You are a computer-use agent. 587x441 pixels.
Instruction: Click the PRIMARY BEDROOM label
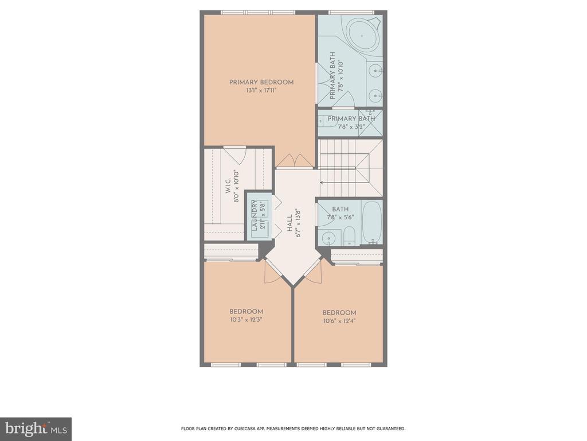[261, 82]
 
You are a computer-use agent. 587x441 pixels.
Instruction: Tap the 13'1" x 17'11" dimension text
[261, 90]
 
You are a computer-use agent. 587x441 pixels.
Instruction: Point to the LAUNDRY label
[255, 215]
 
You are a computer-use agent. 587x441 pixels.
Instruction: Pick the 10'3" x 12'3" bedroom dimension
[246, 320]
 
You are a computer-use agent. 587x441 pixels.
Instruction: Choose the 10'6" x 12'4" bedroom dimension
[339, 321]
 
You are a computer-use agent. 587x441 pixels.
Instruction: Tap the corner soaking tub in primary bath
[362, 36]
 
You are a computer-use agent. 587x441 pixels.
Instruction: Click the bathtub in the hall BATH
[372, 222]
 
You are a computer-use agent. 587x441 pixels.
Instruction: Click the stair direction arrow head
[322, 183]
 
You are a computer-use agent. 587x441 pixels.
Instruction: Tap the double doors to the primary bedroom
[295, 161]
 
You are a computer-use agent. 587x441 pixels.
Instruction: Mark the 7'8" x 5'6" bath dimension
[341, 217]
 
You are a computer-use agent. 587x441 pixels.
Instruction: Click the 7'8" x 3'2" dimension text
[351, 127]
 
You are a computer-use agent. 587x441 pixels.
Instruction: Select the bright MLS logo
[36, 429]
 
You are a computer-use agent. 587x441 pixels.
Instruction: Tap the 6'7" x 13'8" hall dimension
[298, 223]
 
